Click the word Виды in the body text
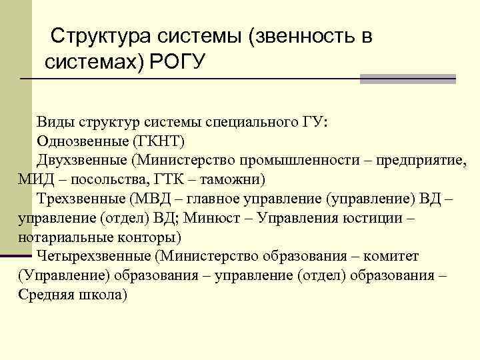coord(56,122)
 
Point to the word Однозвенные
coord(83,141)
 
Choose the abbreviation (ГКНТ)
coord(157,141)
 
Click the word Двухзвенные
coord(81,161)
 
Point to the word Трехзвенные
coord(80,199)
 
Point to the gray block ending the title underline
coord(407,79)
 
